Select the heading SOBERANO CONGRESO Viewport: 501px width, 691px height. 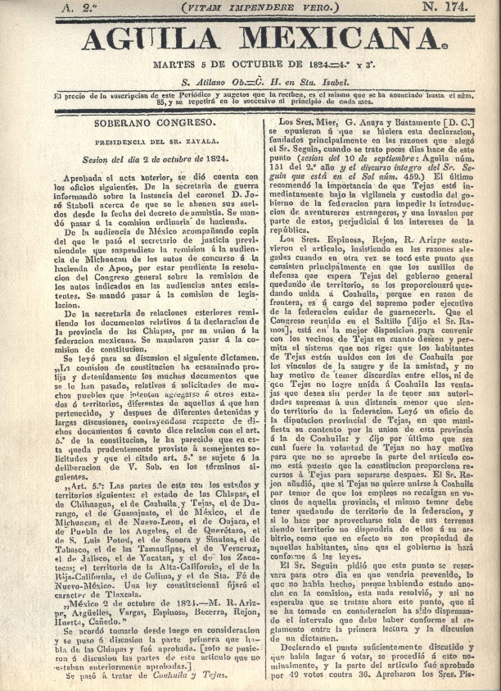[x=155, y=121]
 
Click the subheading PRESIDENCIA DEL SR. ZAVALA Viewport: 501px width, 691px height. [x=155, y=140]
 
